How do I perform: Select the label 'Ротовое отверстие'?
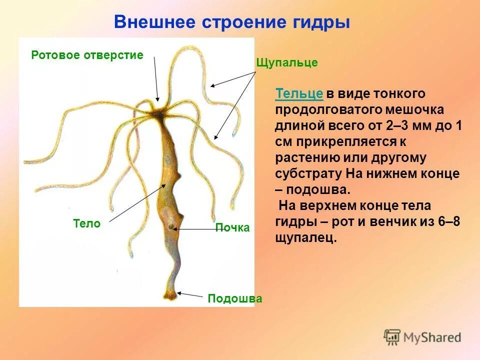point(87,55)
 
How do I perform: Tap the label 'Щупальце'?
point(286,63)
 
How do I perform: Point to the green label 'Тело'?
point(86,224)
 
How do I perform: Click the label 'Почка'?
point(232,228)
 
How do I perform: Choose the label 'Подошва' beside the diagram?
point(235,298)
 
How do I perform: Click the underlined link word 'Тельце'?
point(299,93)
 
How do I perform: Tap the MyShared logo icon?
point(392,337)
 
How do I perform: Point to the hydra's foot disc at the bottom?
point(170,295)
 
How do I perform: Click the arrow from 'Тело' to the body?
point(137,202)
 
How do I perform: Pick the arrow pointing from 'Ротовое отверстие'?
point(156,79)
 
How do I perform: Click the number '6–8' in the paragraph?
point(448,222)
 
